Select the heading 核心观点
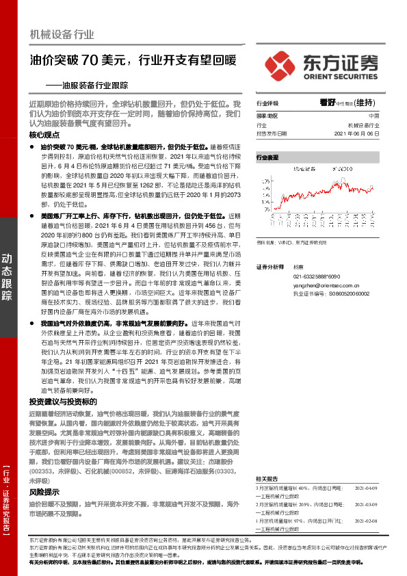pos(45,135)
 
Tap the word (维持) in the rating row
pos(365,103)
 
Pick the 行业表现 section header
pos(267,157)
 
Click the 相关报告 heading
pos(266,460)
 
